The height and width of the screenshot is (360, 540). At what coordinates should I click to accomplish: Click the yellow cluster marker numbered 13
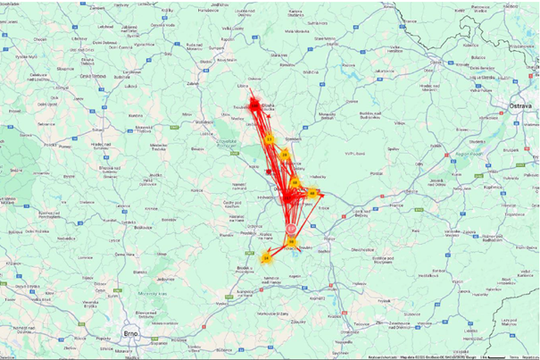269,139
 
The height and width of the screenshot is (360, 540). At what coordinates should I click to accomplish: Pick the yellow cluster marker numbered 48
312,192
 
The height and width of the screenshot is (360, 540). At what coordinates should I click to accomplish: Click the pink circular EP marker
291,230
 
